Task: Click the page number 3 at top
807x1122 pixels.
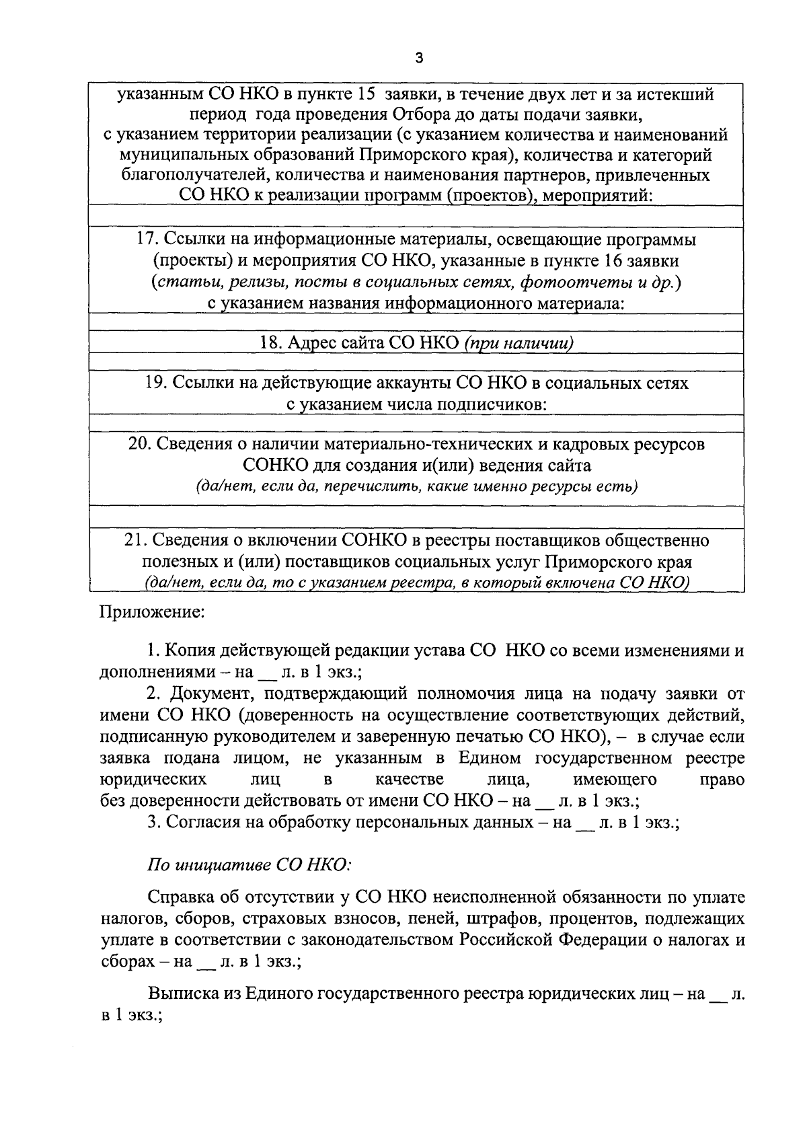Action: pyautogui.click(x=418, y=59)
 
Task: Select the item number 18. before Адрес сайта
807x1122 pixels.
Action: pyautogui.click(x=271, y=343)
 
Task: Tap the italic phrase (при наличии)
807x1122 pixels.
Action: pyautogui.click(x=518, y=343)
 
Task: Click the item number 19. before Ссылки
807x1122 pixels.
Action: pyautogui.click(x=157, y=383)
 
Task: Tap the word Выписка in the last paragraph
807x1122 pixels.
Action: pyautogui.click(x=182, y=993)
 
